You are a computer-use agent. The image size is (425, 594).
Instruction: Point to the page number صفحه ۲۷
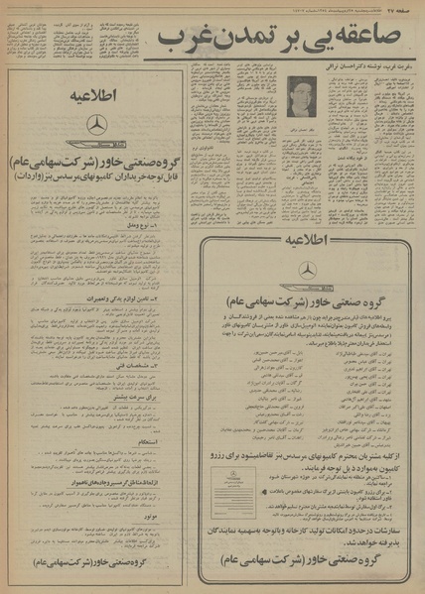[402, 7]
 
